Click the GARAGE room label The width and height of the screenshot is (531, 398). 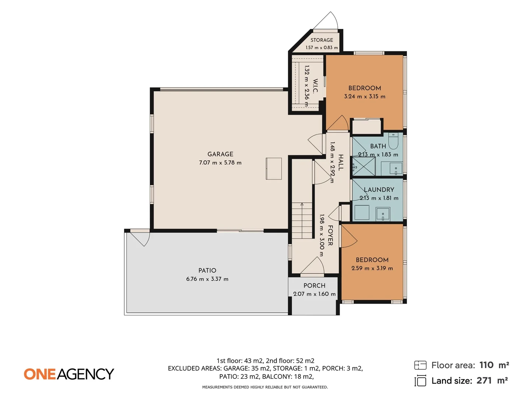tap(220, 154)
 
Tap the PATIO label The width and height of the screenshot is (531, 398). tap(207, 270)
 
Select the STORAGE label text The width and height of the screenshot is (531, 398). tap(322, 40)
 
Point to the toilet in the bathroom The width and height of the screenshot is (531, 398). tap(393, 141)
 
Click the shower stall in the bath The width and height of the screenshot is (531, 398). tap(364, 166)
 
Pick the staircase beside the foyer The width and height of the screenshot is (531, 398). tap(302, 221)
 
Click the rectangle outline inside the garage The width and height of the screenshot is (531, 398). tap(274, 168)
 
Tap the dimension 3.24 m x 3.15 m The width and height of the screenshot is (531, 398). tap(365, 97)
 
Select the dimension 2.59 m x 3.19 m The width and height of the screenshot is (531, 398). tap(372, 268)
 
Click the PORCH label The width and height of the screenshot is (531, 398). tap(314, 285)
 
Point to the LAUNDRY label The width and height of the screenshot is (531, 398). tap(379, 190)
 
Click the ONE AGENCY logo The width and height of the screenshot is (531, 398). tap(69, 374)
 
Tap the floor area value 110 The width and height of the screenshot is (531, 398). tap(486, 365)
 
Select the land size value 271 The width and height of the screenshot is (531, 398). tap(484, 381)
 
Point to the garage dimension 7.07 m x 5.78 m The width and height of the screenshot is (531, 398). tap(220, 163)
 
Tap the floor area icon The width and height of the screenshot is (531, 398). tap(420, 365)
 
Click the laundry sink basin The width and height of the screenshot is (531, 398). tap(383, 214)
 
